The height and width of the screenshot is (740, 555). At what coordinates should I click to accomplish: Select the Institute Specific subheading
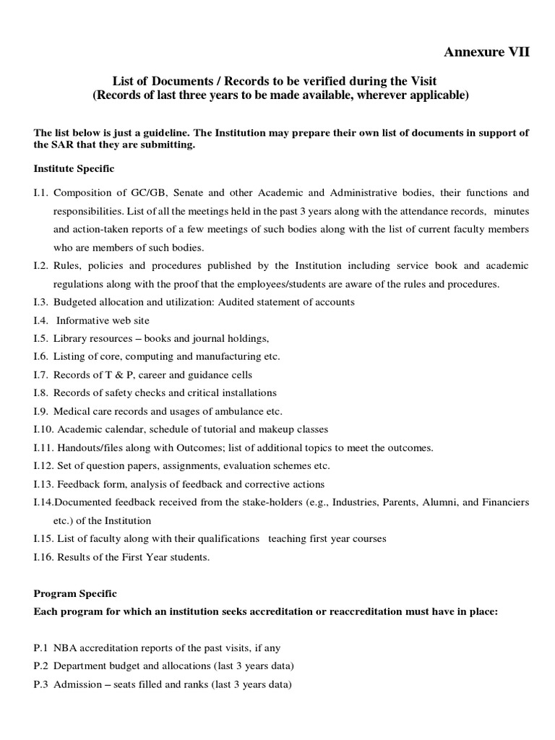(74, 168)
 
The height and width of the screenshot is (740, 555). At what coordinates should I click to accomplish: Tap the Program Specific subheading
(75, 593)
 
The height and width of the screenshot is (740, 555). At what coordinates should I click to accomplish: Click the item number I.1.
(41, 193)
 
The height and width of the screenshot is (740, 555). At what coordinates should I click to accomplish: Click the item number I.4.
(41, 320)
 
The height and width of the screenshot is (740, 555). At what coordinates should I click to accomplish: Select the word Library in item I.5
(73, 338)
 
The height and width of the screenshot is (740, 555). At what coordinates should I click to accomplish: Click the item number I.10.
(43, 429)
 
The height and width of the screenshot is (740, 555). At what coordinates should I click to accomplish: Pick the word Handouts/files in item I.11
(88, 447)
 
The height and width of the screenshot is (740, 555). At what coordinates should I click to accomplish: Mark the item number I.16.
(43, 556)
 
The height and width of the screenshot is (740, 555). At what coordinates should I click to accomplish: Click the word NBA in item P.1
(66, 648)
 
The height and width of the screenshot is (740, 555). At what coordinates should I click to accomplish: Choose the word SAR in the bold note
(63, 145)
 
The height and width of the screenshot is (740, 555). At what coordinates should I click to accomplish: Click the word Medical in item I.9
(72, 411)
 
